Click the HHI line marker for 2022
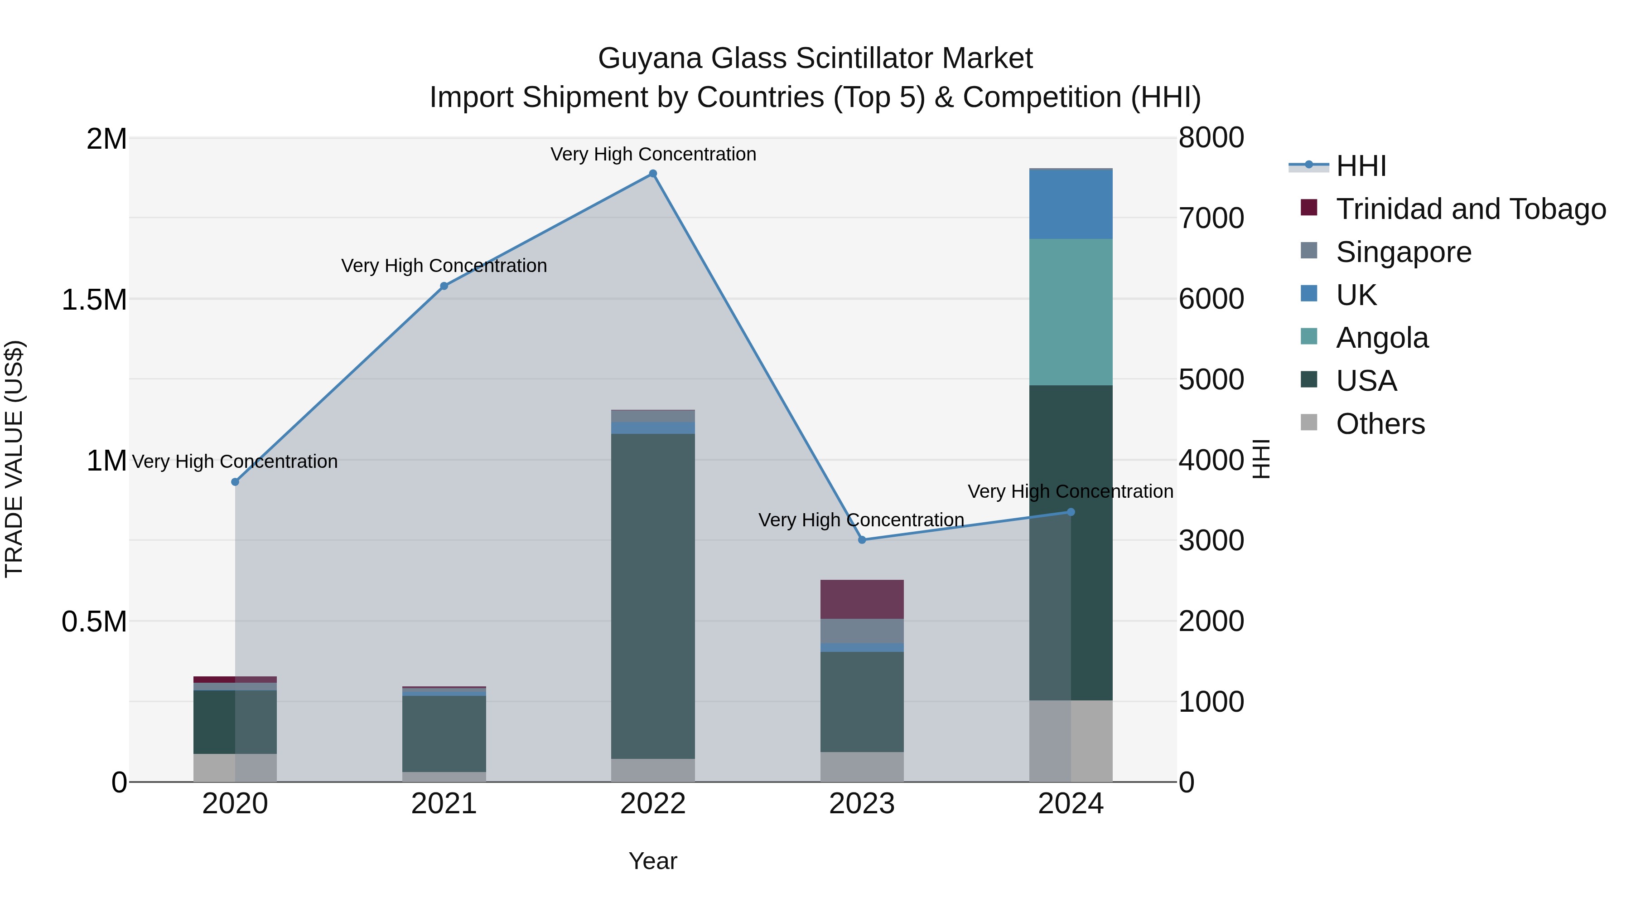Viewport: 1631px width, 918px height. pyautogui.click(x=653, y=174)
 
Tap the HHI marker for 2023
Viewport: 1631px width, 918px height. pyautogui.click(x=862, y=540)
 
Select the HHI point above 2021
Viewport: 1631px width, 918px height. pyautogui.click(x=444, y=286)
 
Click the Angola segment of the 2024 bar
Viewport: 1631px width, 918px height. pyautogui.click(x=1071, y=312)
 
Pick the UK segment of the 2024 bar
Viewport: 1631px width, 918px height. pyautogui.click(x=1071, y=204)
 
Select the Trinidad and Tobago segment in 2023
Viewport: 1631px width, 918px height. pyautogui.click(x=862, y=599)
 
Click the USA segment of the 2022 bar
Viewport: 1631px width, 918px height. pyautogui.click(x=653, y=596)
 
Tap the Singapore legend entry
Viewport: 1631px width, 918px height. pyautogui.click(x=1403, y=252)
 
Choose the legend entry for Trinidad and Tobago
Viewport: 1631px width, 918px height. pyautogui.click(x=1470, y=209)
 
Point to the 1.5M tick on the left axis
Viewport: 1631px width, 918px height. pyautogui.click(x=94, y=299)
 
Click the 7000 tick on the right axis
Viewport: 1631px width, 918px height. pyautogui.click(x=1211, y=218)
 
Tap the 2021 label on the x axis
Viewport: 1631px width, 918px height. pyautogui.click(x=444, y=804)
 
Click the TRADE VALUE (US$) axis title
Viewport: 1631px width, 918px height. pyautogui.click(x=14, y=459)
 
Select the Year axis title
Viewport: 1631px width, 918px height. pyautogui.click(x=653, y=861)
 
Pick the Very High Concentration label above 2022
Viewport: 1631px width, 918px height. pyautogui.click(x=653, y=154)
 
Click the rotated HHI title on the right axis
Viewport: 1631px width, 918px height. pyautogui.click(x=1260, y=459)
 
